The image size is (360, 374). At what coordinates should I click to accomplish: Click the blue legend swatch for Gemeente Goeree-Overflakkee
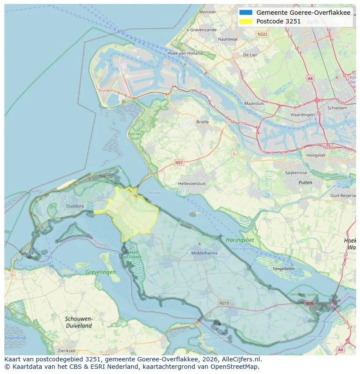tap(246, 13)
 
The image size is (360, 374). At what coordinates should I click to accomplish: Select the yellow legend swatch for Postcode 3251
tap(246, 21)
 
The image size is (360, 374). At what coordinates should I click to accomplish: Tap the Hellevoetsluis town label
tap(192, 184)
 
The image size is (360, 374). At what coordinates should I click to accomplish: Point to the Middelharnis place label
tap(204, 253)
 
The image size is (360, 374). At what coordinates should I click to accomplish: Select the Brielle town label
tap(202, 122)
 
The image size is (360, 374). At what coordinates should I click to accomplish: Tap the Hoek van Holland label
tap(185, 53)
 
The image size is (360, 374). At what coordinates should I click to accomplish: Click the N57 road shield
tap(179, 162)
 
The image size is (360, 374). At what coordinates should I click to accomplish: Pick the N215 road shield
tap(224, 303)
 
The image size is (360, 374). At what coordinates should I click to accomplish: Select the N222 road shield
tap(262, 34)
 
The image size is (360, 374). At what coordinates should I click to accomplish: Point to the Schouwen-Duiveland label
tap(79, 322)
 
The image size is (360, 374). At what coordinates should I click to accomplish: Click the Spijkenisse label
tap(296, 173)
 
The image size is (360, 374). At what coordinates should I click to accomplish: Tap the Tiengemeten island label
tap(283, 269)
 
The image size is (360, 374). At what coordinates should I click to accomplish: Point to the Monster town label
tap(207, 12)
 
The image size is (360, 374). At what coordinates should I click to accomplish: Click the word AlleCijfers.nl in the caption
tap(242, 359)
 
